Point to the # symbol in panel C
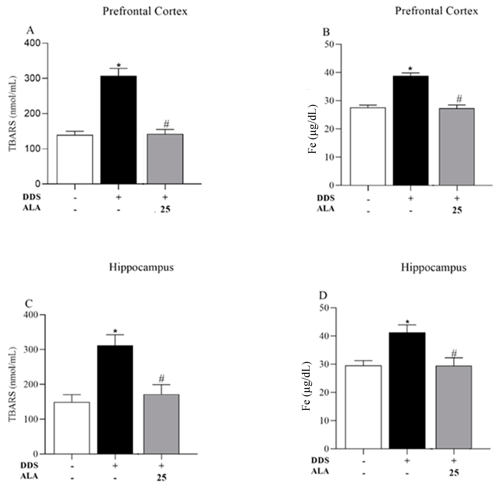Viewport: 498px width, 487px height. (x=162, y=378)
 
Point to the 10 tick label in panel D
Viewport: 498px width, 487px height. (x=325, y=420)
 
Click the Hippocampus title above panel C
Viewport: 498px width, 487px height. (x=141, y=267)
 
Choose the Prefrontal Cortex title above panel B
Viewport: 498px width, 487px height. (x=436, y=11)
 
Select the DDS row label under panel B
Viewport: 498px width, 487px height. (x=326, y=198)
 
